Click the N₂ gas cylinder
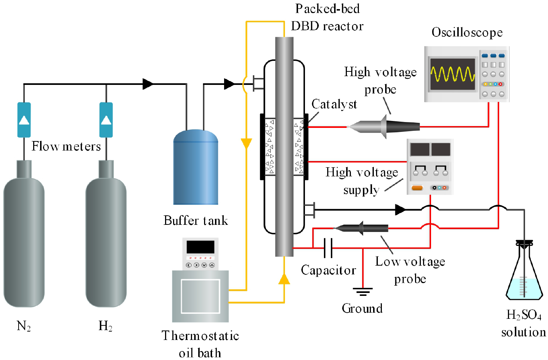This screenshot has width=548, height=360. (24, 240)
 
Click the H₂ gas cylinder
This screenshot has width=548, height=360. (106, 240)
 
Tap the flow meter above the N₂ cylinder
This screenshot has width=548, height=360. (24, 120)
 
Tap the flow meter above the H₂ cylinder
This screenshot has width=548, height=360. (106, 120)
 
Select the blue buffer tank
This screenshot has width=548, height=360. (196, 168)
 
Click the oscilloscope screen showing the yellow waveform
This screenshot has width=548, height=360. (453, 74)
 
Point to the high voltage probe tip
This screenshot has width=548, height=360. (349, 127)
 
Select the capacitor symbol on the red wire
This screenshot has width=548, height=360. (328, 248)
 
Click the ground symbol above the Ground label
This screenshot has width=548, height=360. (363, 291)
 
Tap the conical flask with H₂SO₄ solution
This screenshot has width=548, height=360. (524, 277)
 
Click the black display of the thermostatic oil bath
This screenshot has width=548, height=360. (200, 247)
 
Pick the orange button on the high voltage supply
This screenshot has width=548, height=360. (417, 188)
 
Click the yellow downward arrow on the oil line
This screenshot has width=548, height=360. (247, 143)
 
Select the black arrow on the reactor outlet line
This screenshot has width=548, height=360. (400, 210)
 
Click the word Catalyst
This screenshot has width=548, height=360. (334, 104)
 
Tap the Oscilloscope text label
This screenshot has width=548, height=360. (467, 32)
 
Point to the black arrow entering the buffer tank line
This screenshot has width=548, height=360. (148, 84)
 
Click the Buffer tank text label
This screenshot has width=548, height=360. (196, 220)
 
